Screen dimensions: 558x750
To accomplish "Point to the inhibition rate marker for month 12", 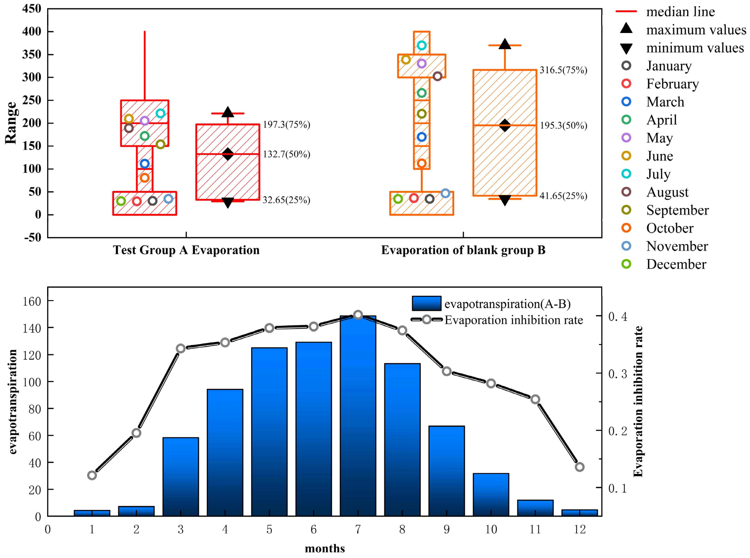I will (x=579, y=467).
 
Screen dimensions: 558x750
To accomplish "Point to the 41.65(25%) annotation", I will (x=563, y=196).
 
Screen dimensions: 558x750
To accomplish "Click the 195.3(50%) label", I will (x=563, y=126).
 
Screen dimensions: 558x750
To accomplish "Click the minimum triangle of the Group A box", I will (x=228, y=203).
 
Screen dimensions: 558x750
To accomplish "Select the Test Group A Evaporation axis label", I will (x=186, y=250).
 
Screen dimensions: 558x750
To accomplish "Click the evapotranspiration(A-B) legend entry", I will (x=507, y=304).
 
